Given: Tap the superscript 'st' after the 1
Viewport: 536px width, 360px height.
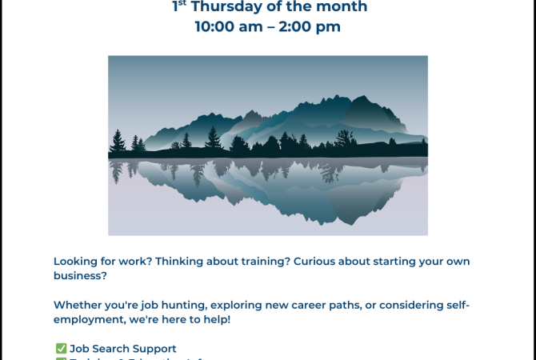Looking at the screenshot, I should (183, 3).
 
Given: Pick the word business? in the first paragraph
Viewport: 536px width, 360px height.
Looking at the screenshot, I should (80, 275).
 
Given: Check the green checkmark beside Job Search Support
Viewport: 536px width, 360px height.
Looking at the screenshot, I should (61, 349).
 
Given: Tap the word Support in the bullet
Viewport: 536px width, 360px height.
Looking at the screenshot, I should (158, 349).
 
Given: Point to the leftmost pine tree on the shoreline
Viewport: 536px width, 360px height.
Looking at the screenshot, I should (118, 142).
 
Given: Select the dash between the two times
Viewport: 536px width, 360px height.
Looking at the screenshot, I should (268, 26).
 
